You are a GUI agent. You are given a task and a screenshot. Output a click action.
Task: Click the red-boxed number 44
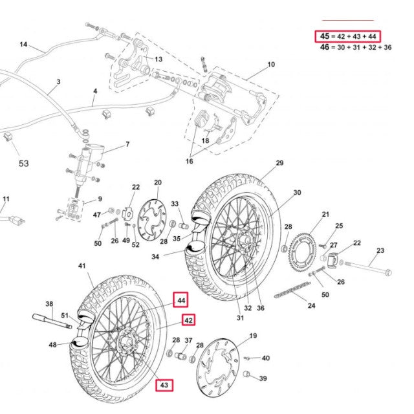181,300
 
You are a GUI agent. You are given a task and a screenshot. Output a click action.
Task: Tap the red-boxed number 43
164,386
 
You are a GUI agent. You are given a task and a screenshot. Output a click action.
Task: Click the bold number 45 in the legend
322,36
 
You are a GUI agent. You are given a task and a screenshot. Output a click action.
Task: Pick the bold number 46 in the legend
326,47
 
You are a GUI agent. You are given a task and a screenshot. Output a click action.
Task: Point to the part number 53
23,164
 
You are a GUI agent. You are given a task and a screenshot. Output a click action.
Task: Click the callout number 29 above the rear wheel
279,163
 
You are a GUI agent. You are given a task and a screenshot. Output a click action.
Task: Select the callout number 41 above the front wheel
82,266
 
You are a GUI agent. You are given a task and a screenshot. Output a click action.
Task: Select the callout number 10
271,65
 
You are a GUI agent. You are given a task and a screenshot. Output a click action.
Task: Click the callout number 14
23,45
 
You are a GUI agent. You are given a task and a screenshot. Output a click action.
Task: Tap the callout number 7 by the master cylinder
127,144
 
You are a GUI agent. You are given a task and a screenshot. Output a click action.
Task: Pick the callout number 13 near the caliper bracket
158,60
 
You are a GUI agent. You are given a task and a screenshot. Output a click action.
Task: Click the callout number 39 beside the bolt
263,378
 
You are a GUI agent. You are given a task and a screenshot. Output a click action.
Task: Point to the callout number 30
297,193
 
